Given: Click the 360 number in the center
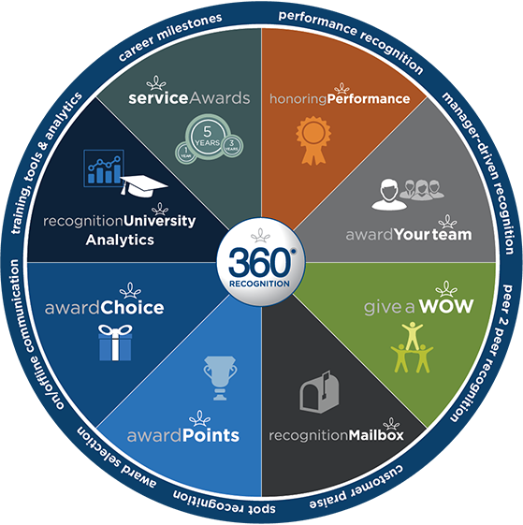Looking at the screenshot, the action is (x=259, y=262).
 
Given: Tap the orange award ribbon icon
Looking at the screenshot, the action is (x=313, y=140).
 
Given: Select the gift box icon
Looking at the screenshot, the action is (x=115, y=343).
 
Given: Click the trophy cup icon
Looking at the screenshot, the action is (x=220, y=378).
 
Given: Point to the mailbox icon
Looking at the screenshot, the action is (x=319, y=392).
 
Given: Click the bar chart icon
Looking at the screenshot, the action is (x=104, y=168).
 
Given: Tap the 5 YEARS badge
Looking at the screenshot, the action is (x=208, y=137).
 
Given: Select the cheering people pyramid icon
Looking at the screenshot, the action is (x=412, y=347).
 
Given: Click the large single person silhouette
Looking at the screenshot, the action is (x=389, y=195).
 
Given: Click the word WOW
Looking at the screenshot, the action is (x=446, y=306).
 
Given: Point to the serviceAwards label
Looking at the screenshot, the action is (x=189, y=98).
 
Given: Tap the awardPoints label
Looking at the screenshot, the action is (x=183, y=435).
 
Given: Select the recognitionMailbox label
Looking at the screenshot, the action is (x=336, y=435).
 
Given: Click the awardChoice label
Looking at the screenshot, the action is (x=105, y=308).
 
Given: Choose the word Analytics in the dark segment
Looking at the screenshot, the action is (x=120, y=241).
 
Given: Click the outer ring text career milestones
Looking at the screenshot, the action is (x=170, y=36).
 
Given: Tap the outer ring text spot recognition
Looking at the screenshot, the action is (x=224, y=503).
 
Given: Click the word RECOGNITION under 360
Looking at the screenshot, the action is (x=259, y=284).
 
